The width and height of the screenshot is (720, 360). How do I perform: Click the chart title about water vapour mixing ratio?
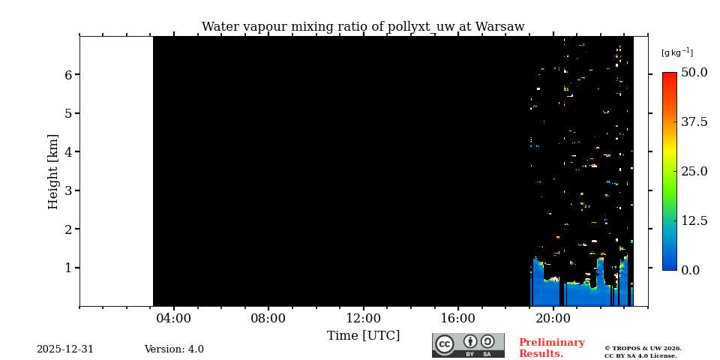363,27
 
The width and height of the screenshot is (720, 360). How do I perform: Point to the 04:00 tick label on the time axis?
173,318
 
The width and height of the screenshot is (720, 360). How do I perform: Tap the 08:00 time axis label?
268,318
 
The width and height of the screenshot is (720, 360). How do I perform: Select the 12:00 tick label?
363,318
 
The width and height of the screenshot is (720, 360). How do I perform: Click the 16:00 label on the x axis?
457,318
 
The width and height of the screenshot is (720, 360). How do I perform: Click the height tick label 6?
67,75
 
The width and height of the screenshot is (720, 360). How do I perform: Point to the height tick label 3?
67,190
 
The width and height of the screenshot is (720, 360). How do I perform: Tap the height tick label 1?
67,268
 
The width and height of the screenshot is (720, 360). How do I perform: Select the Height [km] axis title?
53,171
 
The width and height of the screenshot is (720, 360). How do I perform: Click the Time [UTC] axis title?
363,335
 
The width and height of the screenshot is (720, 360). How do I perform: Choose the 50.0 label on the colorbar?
694,73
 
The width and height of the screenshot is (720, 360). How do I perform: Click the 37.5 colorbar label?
694,122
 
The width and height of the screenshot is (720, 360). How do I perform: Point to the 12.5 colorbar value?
694,220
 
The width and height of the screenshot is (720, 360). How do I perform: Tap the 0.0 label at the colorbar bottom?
690,270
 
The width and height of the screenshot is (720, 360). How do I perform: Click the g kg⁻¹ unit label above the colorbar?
676,52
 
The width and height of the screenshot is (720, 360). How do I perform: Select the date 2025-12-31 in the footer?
65,349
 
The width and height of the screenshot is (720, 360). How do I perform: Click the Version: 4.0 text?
174,349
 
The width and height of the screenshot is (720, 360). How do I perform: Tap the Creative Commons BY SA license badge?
468,345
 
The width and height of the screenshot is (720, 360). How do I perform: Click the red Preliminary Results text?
551,348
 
